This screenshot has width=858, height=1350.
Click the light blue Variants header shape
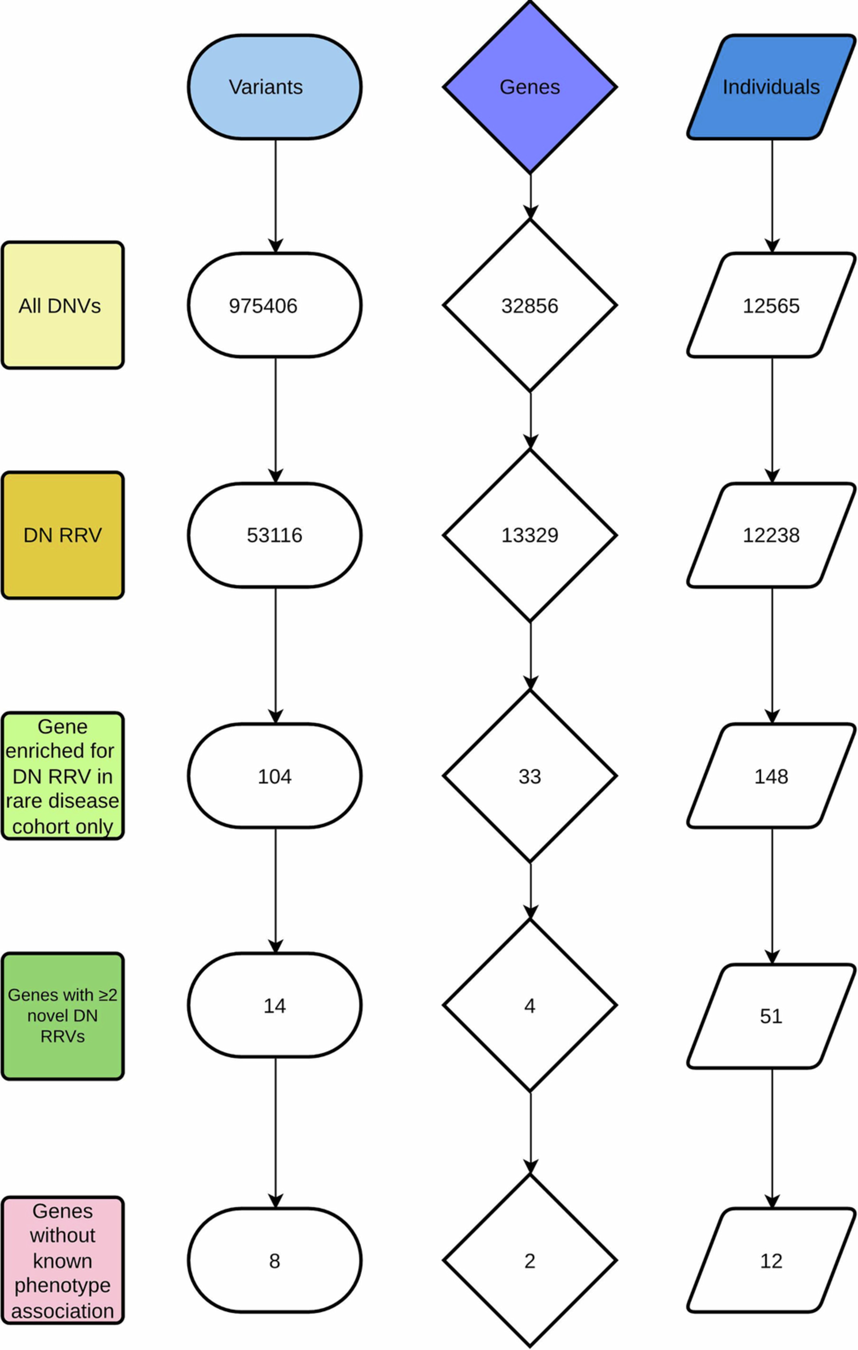click(274, 87)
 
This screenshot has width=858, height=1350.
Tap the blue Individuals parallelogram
click(771, 87)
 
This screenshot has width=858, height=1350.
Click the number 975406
click(263, 306)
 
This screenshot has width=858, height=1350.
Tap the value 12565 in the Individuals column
click(771, 306)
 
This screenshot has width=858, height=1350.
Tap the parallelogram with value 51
click(771, 1016)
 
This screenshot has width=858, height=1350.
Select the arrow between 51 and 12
click(772, 1138)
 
